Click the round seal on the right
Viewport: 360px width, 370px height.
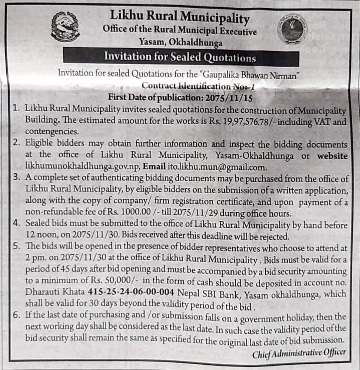pos(292,29)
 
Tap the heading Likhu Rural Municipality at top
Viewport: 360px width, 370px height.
pos(180,17)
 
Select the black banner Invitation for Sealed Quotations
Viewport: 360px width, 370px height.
pos(180,57)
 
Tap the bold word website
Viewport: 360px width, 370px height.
pos(332,156)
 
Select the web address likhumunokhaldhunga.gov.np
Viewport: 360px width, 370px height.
pos(82,167)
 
